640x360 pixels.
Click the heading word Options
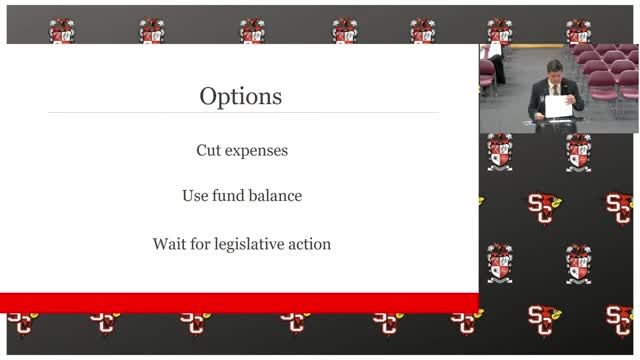pos(240,97)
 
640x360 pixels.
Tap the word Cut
pos(208,150)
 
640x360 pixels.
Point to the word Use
pos(195,196)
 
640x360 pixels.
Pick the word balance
pos(276,196)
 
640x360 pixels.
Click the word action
pos(310,243)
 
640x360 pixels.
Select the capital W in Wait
pos(159,243)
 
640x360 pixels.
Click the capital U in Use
pos(187,196)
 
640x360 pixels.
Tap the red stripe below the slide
pos(240,302)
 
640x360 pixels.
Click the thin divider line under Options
pos(240,112)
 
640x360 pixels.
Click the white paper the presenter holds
pos(558,104)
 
